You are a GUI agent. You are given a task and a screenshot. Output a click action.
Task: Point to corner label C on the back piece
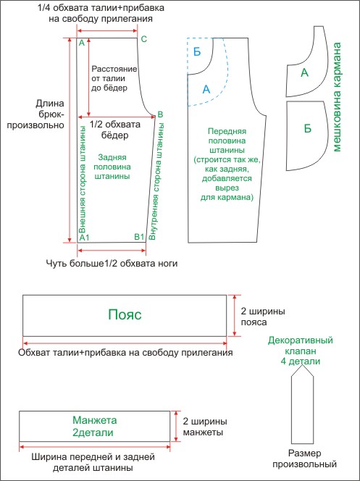point(143,40)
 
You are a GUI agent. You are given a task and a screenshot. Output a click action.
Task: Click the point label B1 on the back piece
point(139,237)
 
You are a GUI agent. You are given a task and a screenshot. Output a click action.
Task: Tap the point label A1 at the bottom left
point(84,238)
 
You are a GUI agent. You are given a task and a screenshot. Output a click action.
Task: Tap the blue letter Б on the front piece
point(198,50)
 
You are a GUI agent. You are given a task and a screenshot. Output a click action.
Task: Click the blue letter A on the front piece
point(206,89)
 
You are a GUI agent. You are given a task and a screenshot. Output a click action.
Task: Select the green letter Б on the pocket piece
point(308,128)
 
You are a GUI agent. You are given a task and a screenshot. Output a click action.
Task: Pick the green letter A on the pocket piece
point(304,73)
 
